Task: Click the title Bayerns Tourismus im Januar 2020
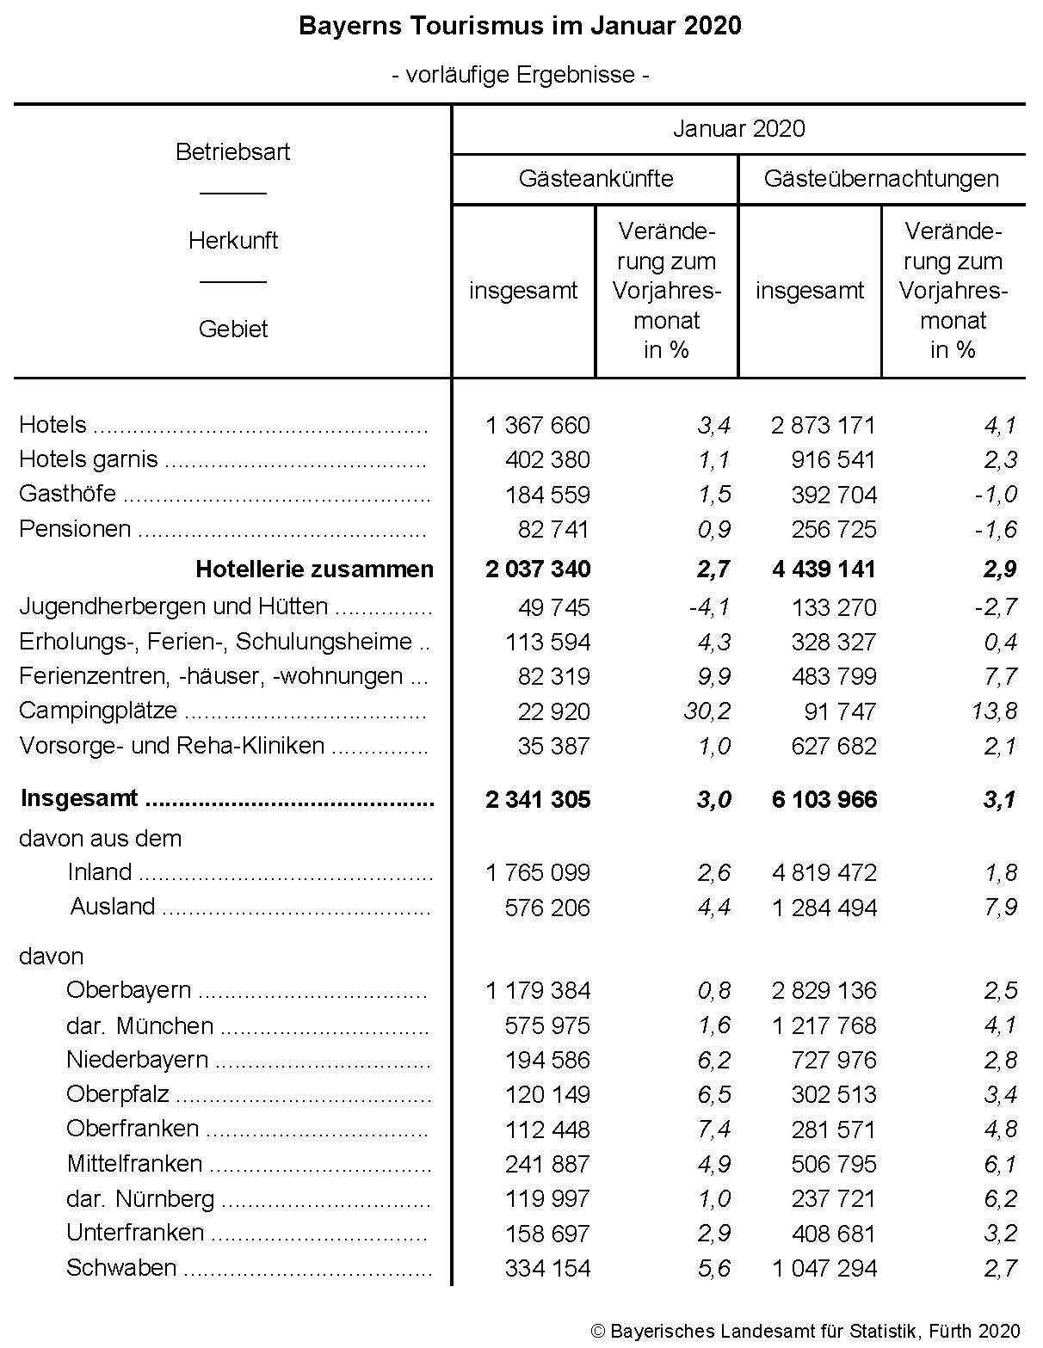click(520, 26)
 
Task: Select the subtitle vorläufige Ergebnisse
click(520, 75)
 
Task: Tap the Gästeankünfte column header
click(596, 179)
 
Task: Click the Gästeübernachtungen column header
click(881, 179)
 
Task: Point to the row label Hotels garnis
click(89, 459)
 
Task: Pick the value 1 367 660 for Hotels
click(538, 425)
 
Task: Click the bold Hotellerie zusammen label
click(314, 569)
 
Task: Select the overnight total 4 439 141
click(824, 569)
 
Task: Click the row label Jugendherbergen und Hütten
click(173, 607)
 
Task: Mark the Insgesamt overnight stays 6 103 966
click(824, 800)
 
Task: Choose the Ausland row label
click(113, 907)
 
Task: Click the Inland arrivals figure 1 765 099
click(538, 873)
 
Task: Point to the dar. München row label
click(139, 1026)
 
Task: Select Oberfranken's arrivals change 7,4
click(714, 1129)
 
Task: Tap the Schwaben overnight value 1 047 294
click(824, 1268)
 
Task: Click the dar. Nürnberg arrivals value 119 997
click(547, 1199)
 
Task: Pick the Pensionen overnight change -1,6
click(996, 529)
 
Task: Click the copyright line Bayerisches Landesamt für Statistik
click(805, 1331)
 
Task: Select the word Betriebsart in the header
click(232, 152)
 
